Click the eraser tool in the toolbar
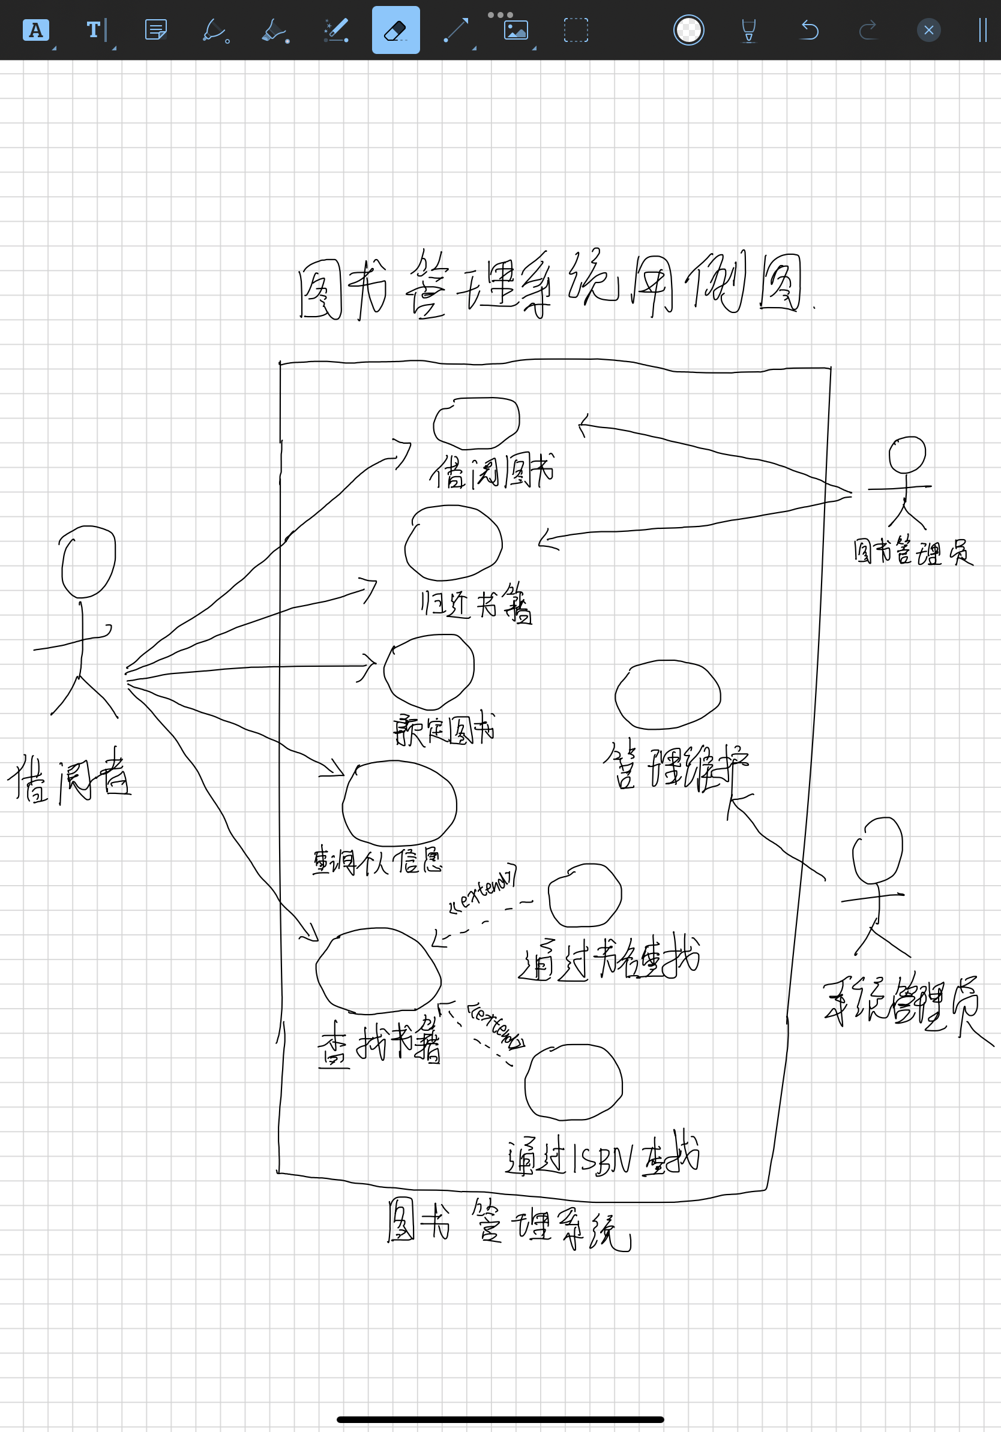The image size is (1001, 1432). (395, 30)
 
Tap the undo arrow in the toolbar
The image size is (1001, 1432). (809, 30)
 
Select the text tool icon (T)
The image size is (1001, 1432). (94, 30)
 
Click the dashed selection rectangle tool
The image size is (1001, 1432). (576, 30)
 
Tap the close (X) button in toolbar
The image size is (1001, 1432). (928, 30)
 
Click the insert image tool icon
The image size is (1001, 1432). (516, 30)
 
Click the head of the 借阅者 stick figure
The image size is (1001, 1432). (89, 561)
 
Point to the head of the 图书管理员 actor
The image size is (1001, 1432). (907, 455)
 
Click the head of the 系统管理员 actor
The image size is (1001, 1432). (877, 850)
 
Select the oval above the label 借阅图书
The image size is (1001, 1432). (476, 423)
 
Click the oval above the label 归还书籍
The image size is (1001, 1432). (454, 543)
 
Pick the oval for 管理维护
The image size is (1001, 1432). (668, 694)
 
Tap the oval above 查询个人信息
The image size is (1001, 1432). (400, 804)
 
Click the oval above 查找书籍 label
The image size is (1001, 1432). (378, 970)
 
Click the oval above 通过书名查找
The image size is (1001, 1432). (585, 895)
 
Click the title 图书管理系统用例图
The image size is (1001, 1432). (549, 285)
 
